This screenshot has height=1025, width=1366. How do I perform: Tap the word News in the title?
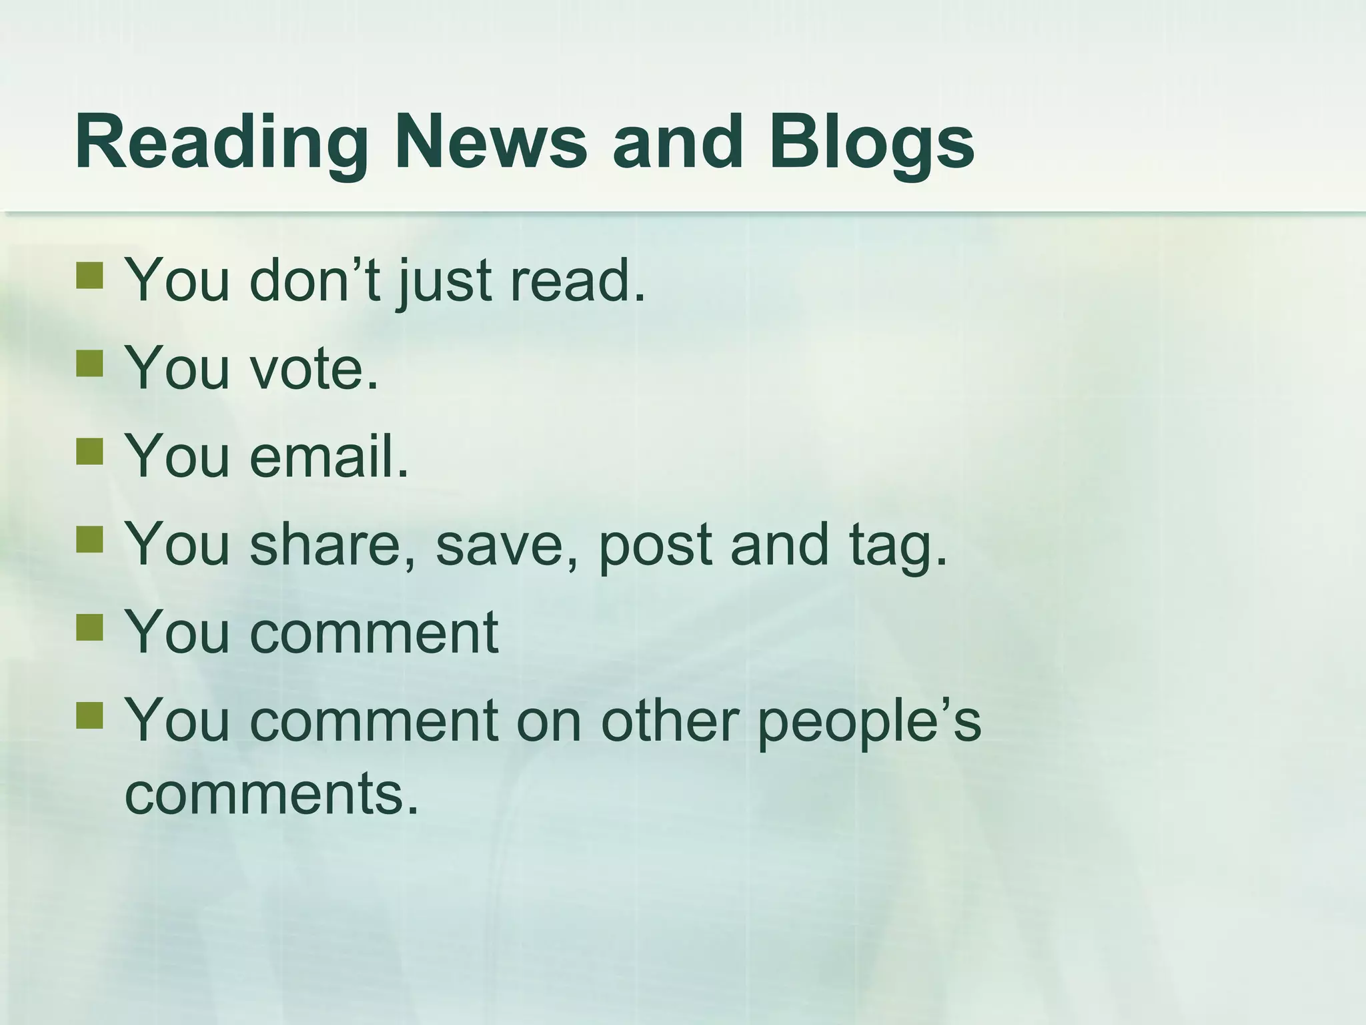pos(490,142)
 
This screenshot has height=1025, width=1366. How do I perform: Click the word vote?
pos(313,368)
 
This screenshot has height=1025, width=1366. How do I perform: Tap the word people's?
pos(869,722)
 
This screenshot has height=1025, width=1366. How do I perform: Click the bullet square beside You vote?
pos(89,364)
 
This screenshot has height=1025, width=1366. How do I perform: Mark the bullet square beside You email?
pos(89,451)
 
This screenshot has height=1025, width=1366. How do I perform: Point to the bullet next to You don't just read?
pos(89,275)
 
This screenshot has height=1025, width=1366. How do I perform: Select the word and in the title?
pos(677,142)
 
